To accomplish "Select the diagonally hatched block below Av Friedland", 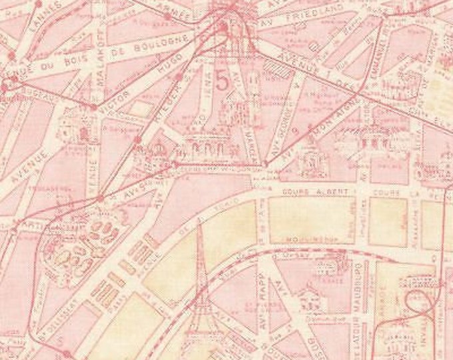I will click(272, 69).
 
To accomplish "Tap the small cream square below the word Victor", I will click(139, 108).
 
